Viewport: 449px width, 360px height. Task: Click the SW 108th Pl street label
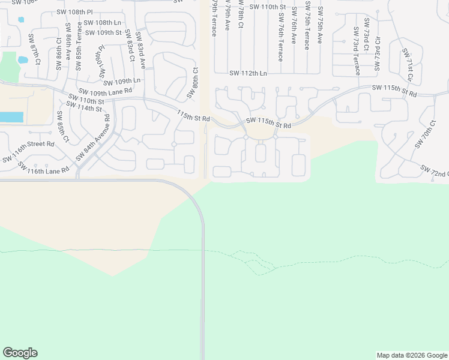[75, 11]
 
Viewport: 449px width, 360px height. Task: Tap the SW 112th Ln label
[248, 73]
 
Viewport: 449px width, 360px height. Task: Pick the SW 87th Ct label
[34, 49]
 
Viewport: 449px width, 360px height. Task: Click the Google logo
[20, 353]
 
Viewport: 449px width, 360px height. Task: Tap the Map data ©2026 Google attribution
[412, 355]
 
